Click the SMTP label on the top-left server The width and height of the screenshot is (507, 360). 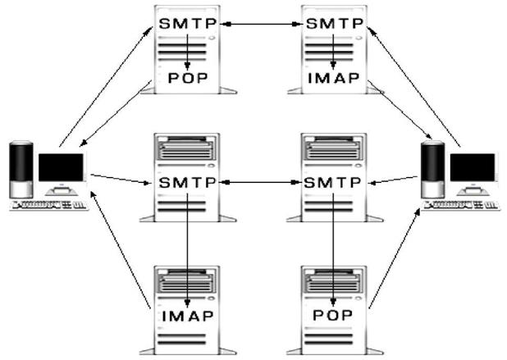click(188, 25)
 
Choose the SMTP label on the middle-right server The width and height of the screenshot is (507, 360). click(332, 180)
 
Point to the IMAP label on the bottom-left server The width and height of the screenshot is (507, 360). click(188, 316)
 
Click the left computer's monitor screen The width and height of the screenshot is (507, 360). click(62, 167)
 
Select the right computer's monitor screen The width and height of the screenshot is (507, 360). click(473, 167)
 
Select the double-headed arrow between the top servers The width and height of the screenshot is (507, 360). click(260, 25)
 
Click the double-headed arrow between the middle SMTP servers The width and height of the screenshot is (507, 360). click(260, 180)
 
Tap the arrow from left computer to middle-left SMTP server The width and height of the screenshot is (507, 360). click(119, 178)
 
